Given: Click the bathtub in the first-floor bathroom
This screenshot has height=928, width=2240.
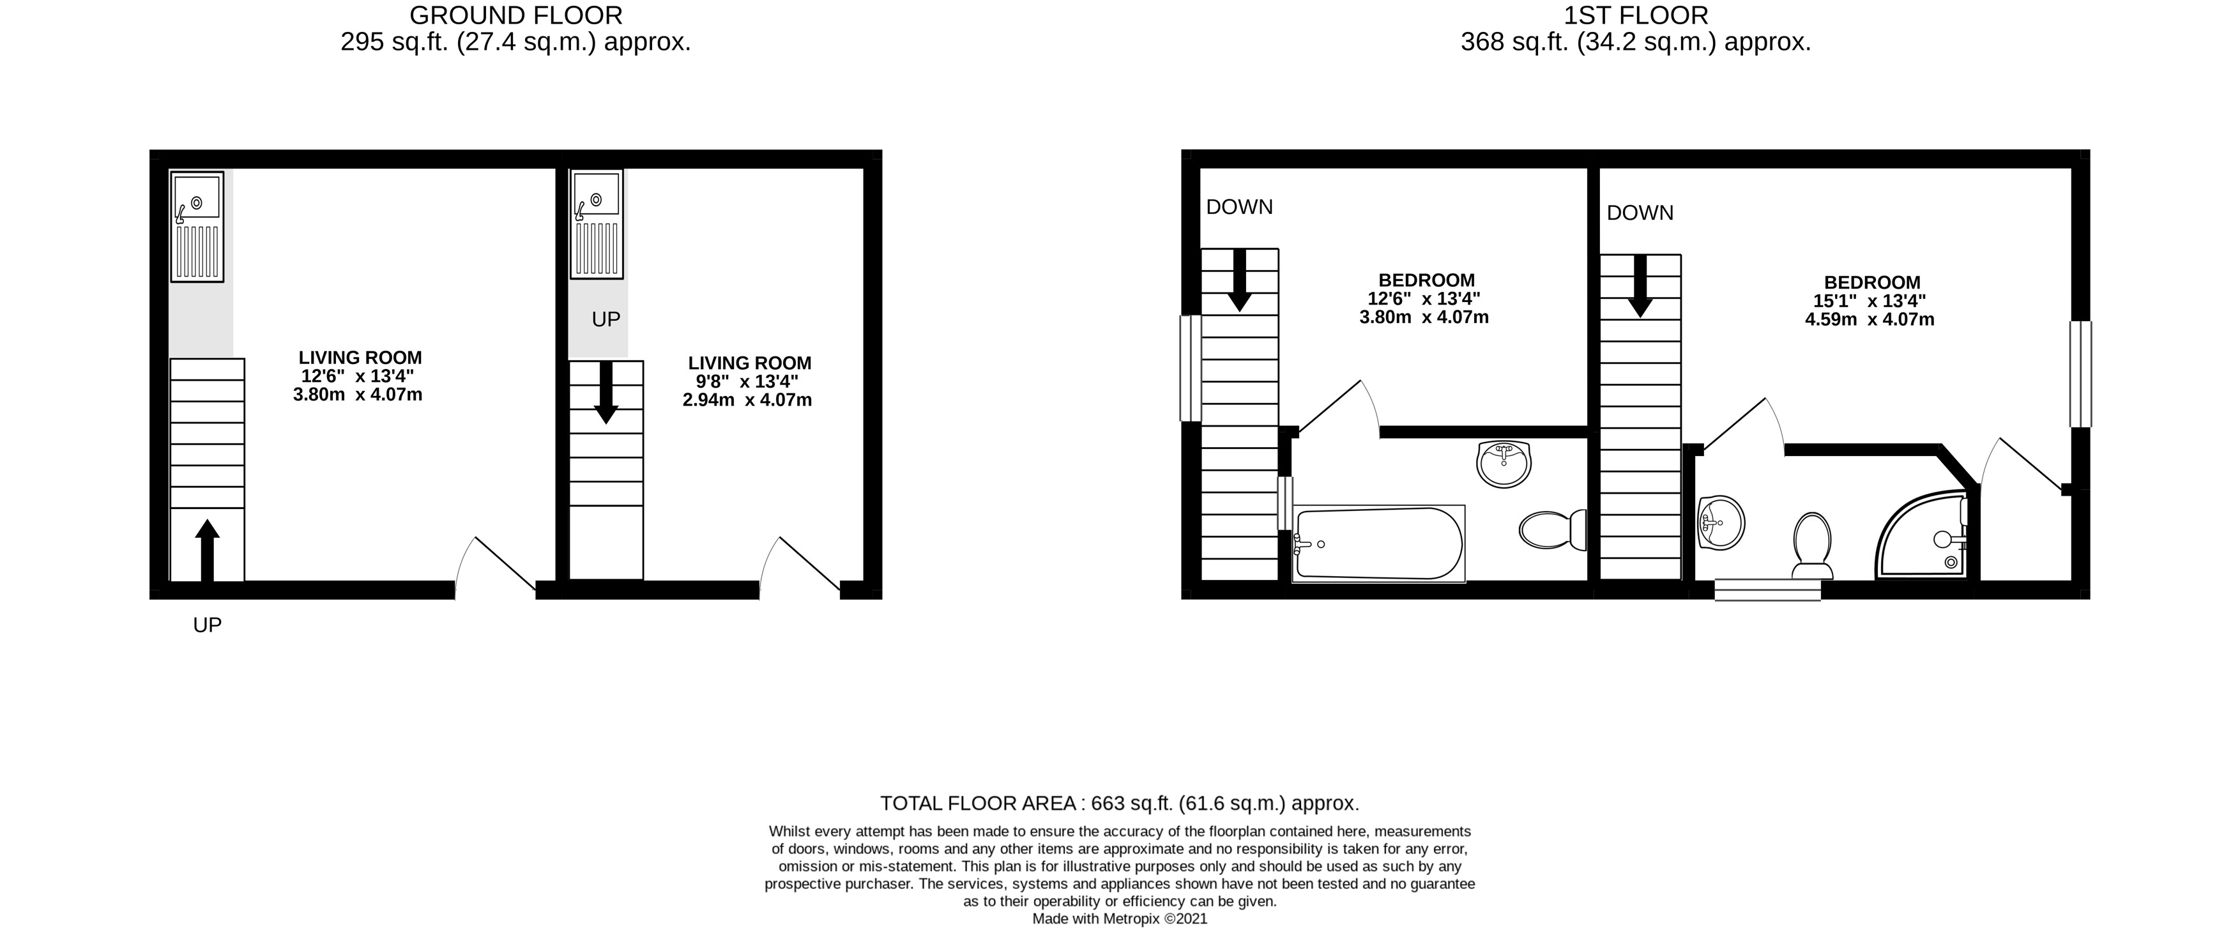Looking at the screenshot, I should point(1377,544).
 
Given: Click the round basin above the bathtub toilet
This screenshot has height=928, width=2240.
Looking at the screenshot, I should point(1503,464).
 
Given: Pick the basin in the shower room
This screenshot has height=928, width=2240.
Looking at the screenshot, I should point(1720,522).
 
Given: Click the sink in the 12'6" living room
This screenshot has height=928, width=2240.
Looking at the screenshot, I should point(197,226).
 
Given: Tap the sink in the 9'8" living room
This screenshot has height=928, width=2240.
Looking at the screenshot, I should point(597,224).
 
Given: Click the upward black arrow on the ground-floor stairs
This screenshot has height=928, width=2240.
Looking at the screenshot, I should point(206,551).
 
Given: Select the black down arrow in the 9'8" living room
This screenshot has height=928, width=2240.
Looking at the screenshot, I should point(606,392).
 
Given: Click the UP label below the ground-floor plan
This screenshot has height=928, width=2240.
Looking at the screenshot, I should point(207,625).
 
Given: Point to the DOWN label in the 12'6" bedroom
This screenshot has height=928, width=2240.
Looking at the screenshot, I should point(1239,207).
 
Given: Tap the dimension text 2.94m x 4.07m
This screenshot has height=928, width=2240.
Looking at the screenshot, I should point(747,400).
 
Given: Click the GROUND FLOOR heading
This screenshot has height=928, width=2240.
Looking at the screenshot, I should point(515,16).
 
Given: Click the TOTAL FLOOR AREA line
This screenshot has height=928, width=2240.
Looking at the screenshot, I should point(1119,803).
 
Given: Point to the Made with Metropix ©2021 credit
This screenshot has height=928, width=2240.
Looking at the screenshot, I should point(1119,918).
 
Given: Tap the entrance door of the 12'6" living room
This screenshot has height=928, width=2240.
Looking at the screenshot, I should point(496,565).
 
